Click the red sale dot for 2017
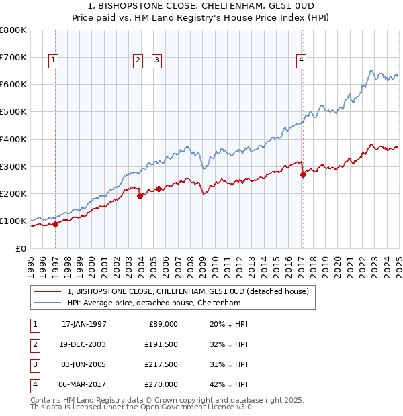pyautogui.click(x=303, y=174)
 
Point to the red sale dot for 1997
pyautogui.click(x=56, y=224)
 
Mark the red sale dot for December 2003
pyautogui.click(x=140, y=196)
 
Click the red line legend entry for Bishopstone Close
pyautogui.click(x=187, y=291)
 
